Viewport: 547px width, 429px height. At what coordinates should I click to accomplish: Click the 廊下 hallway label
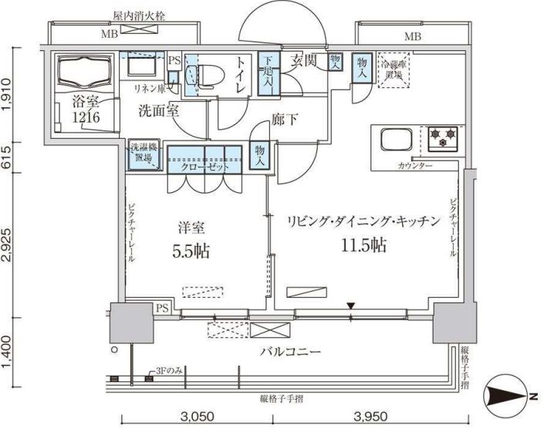point(284,120)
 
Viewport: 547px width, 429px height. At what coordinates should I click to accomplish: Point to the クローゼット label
point(199,167)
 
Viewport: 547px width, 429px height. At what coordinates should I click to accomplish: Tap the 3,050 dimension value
point(197,417)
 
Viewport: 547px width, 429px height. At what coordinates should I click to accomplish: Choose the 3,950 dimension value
point(370,417)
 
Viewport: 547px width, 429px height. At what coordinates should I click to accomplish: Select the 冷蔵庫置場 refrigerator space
point(394,71)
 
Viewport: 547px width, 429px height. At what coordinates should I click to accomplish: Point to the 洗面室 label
point(158,111)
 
